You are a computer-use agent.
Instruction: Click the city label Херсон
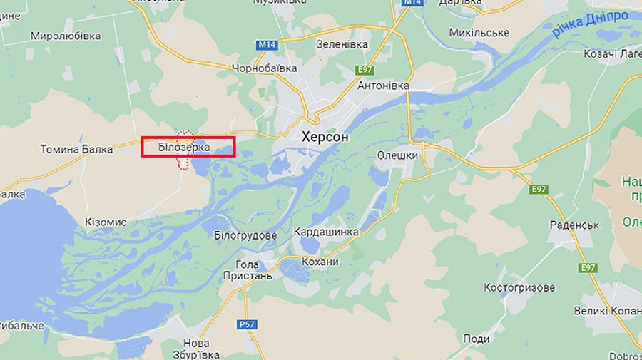pos(325,136)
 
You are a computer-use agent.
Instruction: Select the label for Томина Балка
pos(76,149)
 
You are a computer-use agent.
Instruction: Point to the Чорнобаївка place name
pos(264,68)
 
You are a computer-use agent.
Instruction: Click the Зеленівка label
pos(342,44)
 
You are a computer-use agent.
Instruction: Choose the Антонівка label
pos(383,86)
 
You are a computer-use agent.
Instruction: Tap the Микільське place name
pos(479,33)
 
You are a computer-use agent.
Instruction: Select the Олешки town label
pos(397,155)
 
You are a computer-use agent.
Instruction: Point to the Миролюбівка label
pos(66,36)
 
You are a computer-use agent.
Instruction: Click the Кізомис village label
pos(106,222)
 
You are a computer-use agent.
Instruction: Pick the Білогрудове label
pos(245,235)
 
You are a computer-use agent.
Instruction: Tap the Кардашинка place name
pos(326,232)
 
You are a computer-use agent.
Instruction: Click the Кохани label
pos(320,262)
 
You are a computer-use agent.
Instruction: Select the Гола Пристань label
pos(248,269)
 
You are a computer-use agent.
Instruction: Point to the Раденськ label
pos(574,225)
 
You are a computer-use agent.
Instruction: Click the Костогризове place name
pos(519,287)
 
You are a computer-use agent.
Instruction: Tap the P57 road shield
pos(247,324)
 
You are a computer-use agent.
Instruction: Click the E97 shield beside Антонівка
pos(365,69)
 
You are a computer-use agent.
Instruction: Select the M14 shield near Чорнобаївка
pos(266,45)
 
